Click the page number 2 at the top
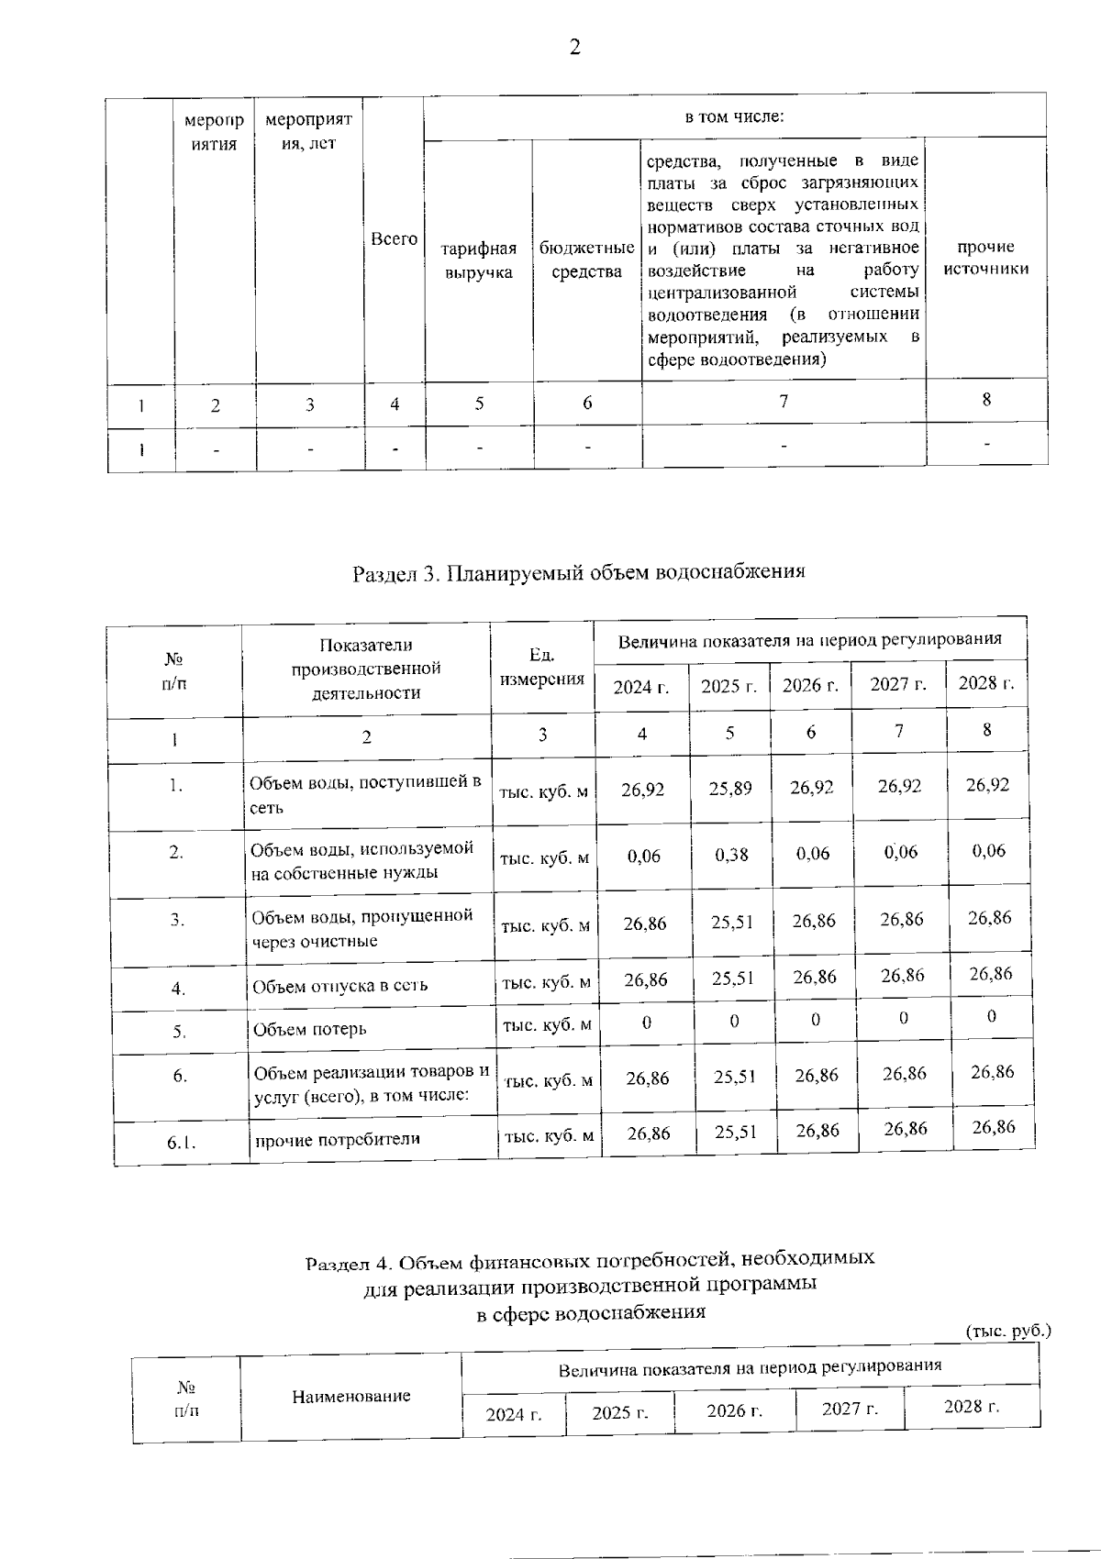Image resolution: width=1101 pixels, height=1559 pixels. point(574,49)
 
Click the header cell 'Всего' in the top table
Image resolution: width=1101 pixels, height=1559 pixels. point(394,238)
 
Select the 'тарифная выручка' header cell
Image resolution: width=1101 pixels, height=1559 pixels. point(478,260)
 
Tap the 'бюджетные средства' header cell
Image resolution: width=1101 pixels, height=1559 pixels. point(587,260)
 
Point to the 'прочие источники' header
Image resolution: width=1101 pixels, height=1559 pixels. point(986,258)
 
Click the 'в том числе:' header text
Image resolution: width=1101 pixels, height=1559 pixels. point(734,116)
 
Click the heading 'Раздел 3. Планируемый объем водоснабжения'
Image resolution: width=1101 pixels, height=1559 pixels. point(578,572)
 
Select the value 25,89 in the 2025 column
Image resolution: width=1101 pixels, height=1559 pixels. point(730,788)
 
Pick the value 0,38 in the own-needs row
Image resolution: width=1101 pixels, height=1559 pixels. point(731,855)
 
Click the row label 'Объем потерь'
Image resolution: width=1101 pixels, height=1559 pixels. point(310,1029)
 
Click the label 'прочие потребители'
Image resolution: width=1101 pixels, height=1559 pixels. point(337,1140)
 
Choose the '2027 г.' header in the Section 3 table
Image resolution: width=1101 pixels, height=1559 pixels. point(897,684)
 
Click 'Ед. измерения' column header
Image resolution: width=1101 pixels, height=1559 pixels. point(542,668)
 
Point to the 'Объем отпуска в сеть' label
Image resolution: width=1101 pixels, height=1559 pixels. point(339,986)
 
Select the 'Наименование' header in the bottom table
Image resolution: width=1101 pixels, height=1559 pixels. point(350,1397)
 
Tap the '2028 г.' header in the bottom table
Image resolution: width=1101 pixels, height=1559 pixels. point(971,1406)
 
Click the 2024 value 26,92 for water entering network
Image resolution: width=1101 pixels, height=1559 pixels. point(642,789)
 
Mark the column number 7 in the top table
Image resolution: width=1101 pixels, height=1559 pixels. point(783,401)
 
